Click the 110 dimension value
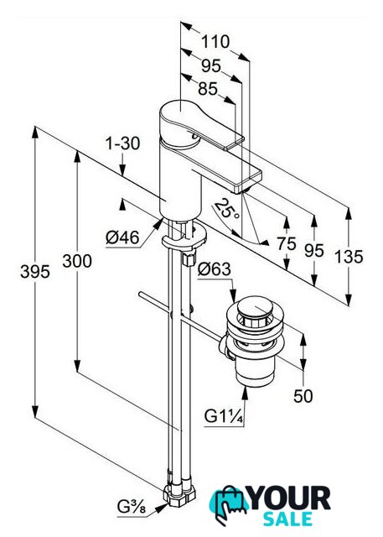(215, 42)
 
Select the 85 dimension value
(208, 89)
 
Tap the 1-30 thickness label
(122, 143)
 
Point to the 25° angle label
(227, 210)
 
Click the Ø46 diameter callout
(122, 237)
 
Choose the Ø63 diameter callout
(214, 269)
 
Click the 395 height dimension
(35, 272)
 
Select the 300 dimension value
(77, 261)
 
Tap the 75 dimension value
(287, 244)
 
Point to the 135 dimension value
(349, 256)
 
